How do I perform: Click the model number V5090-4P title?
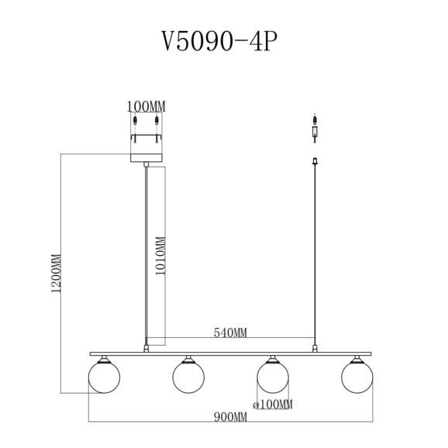219,41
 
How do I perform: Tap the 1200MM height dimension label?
56,273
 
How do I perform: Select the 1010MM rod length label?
160,256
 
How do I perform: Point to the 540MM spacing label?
230,333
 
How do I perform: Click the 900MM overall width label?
230,418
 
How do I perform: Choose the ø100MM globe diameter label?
273,405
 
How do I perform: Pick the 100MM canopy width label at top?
146,107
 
